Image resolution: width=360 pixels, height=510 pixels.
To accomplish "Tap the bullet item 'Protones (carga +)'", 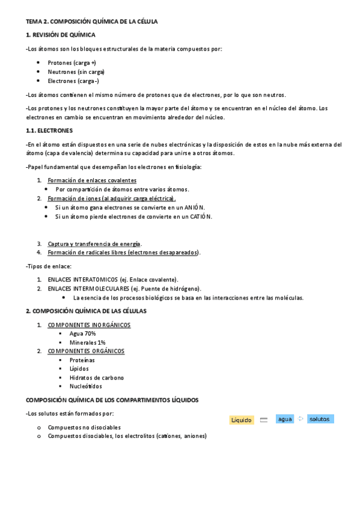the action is coord(72,63).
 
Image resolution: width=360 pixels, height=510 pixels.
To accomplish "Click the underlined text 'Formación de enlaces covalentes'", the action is coord(92,180).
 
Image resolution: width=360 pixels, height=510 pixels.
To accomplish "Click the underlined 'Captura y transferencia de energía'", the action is coord(94,244).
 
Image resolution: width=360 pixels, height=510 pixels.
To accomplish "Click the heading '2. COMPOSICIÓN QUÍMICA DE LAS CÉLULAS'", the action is coord(86,312).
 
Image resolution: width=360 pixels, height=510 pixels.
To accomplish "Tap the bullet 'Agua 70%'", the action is coord(82,333).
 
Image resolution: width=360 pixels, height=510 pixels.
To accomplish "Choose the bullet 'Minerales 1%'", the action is coord(87,342).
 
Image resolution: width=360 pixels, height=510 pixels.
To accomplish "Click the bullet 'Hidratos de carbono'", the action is coord(96,378).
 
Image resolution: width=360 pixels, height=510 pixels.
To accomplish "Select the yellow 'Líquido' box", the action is coord(241,420).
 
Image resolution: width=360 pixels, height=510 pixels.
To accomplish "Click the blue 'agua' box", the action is coord(285,419).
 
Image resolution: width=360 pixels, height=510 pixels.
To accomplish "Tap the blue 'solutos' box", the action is coord(319,419).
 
